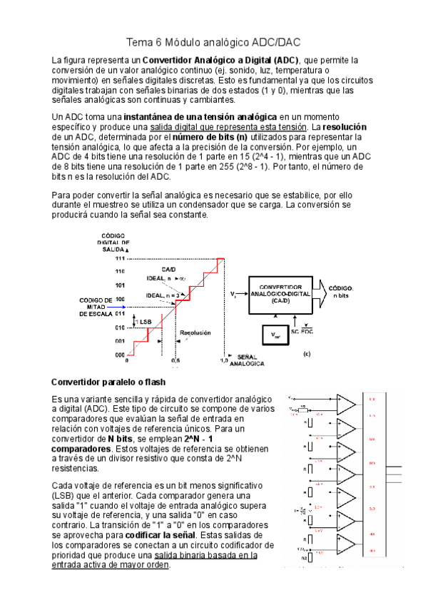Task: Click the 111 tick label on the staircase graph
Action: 120,258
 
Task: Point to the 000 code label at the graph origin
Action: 120,354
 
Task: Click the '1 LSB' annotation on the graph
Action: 143,322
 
